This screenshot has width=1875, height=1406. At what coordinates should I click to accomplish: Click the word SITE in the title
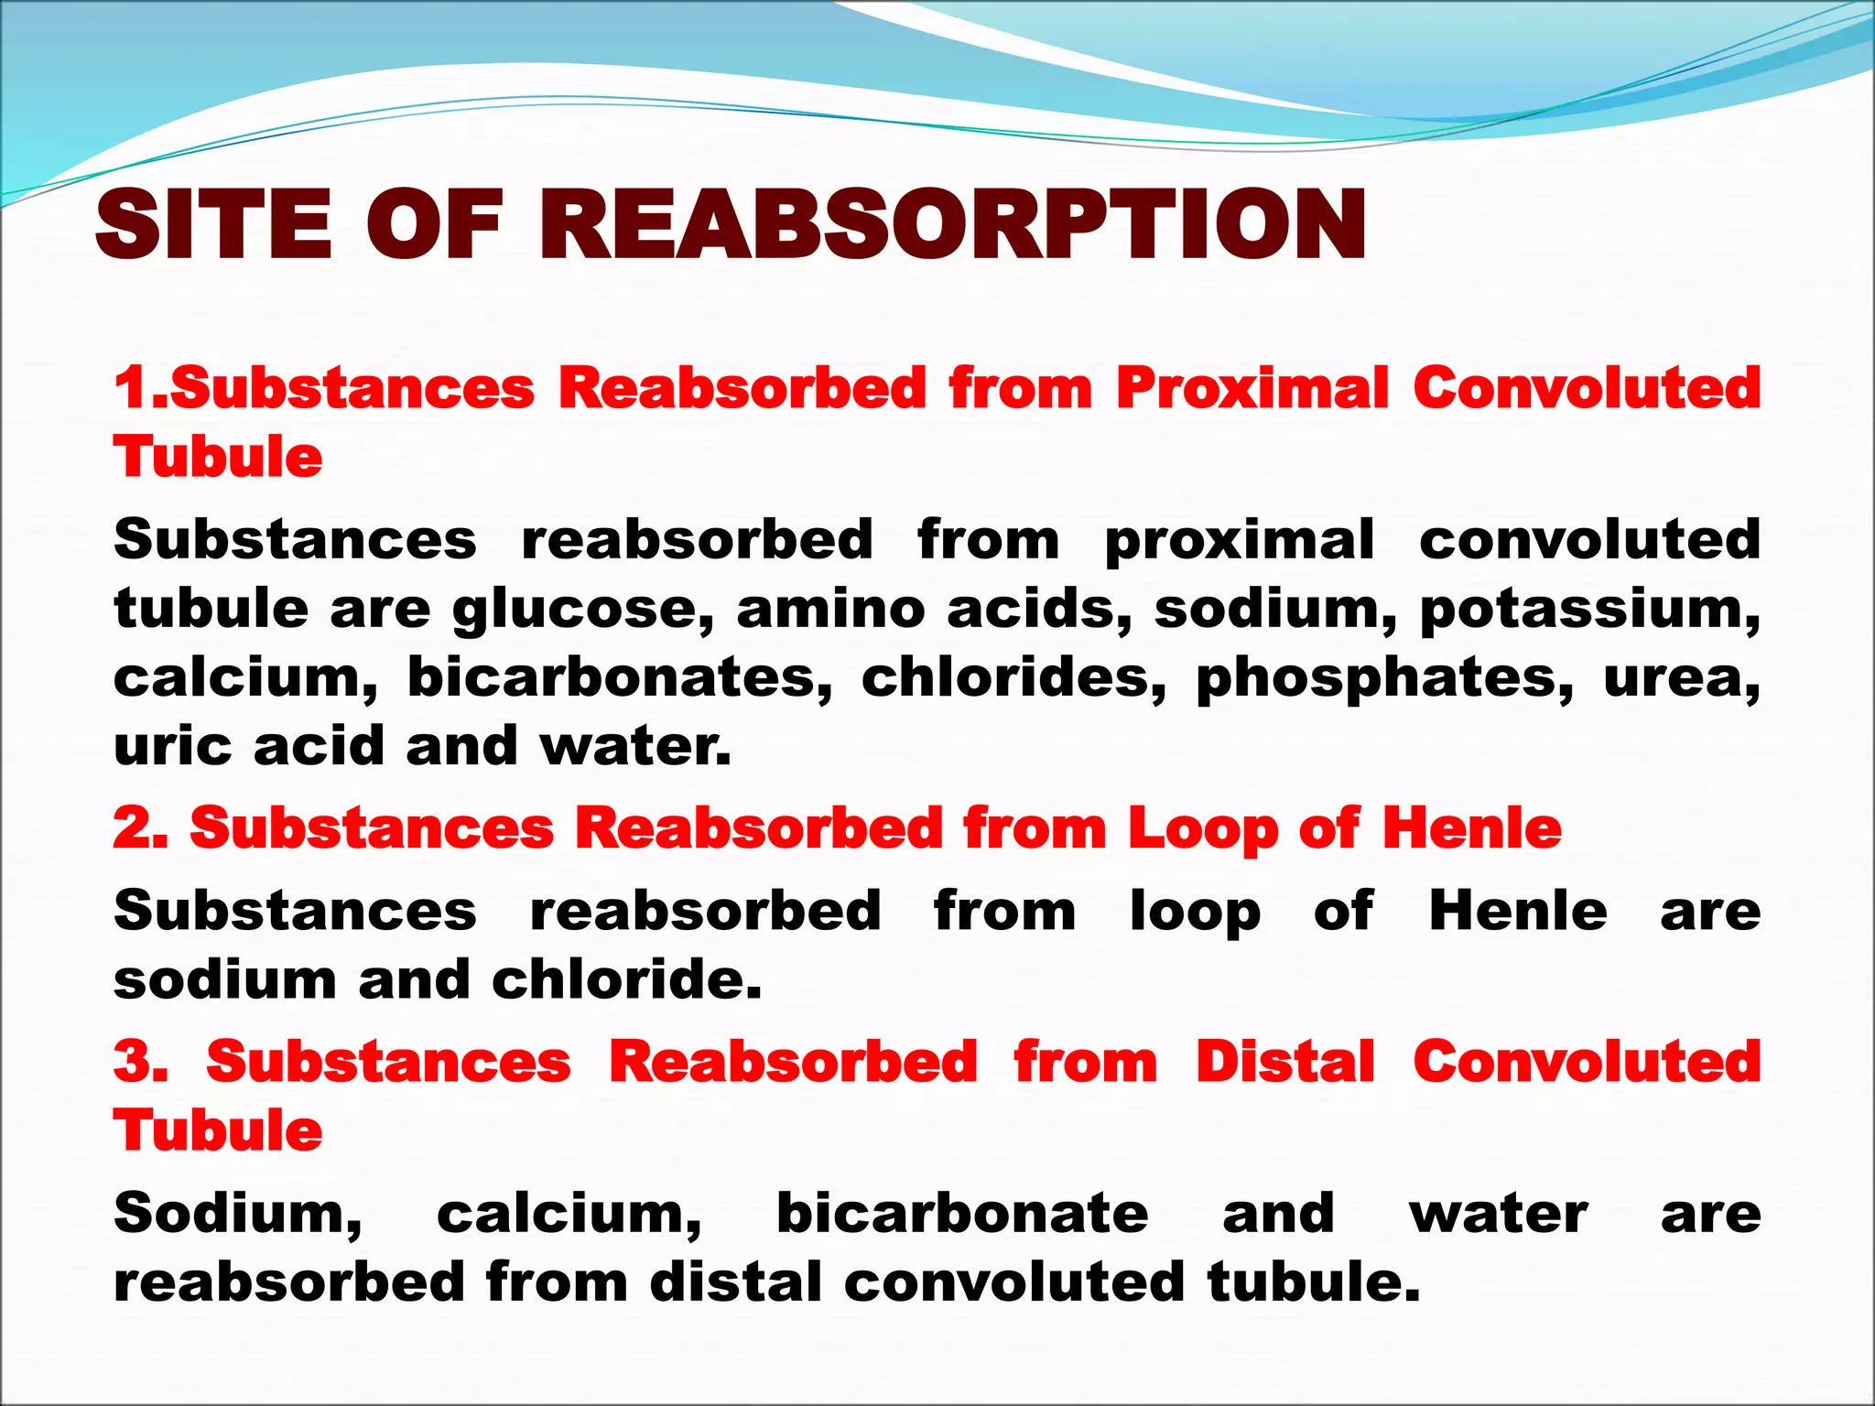pos(212,224)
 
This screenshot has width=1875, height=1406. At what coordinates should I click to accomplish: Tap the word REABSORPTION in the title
pos(952,224)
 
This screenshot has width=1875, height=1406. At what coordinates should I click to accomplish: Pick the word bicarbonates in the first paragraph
pos(619,678)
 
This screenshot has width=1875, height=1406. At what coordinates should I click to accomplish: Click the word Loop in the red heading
pos(1201,829)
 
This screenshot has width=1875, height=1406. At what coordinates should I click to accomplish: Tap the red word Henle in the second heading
pos(1471,828)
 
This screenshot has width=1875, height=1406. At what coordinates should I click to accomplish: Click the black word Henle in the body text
pos(1517,912)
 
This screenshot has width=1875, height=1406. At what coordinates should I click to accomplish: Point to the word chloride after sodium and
pos(625,980)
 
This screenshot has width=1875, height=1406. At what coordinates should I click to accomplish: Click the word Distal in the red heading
pos(1285,1062)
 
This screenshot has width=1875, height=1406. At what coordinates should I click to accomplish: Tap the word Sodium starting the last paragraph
pos(237,1214)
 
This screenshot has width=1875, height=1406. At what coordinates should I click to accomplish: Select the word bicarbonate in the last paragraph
pos(962,1214)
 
